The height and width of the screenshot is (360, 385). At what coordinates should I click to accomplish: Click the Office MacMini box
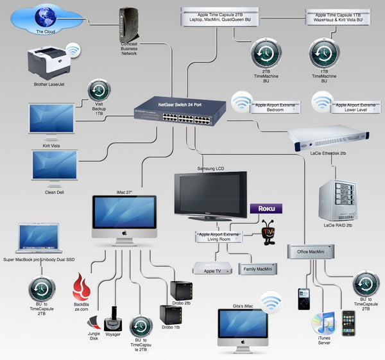pyautogui.click(x=312, y=253)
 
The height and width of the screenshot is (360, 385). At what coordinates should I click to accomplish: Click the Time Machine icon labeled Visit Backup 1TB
pyautogui.click(x=96, y=90)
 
